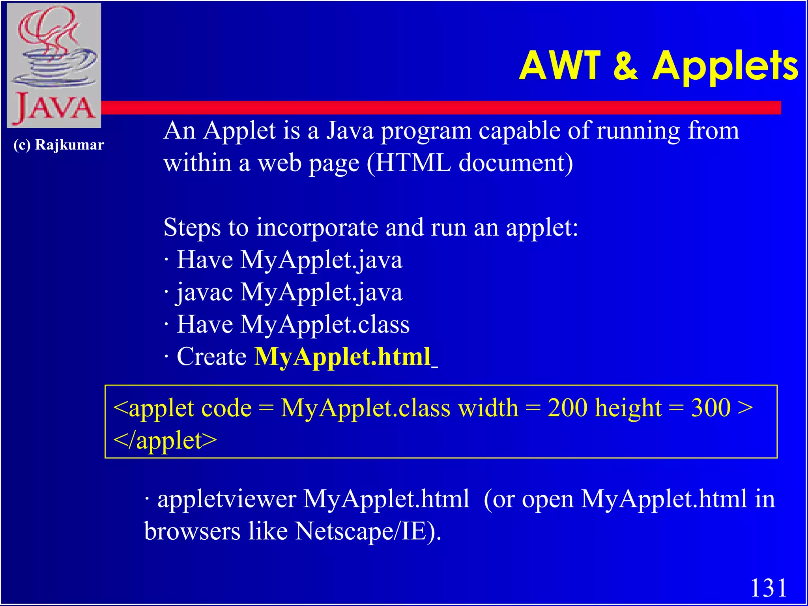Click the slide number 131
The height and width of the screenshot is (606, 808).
[x=768, y=588]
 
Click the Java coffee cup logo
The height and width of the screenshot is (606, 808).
[x=54, y=65]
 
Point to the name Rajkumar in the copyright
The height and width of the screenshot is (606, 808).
[x=69, y=145]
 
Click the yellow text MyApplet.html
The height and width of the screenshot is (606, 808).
[x=342, y=357]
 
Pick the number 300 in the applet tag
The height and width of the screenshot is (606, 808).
[x=711, y=408]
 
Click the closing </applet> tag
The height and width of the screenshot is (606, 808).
[x=165, y=440]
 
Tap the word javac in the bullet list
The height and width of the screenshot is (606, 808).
[x=204, y=292]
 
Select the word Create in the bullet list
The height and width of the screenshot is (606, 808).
[x=211, y=357]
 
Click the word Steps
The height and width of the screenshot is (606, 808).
[x=192, y=228]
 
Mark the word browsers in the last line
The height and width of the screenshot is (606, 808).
[x=192, y=531]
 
